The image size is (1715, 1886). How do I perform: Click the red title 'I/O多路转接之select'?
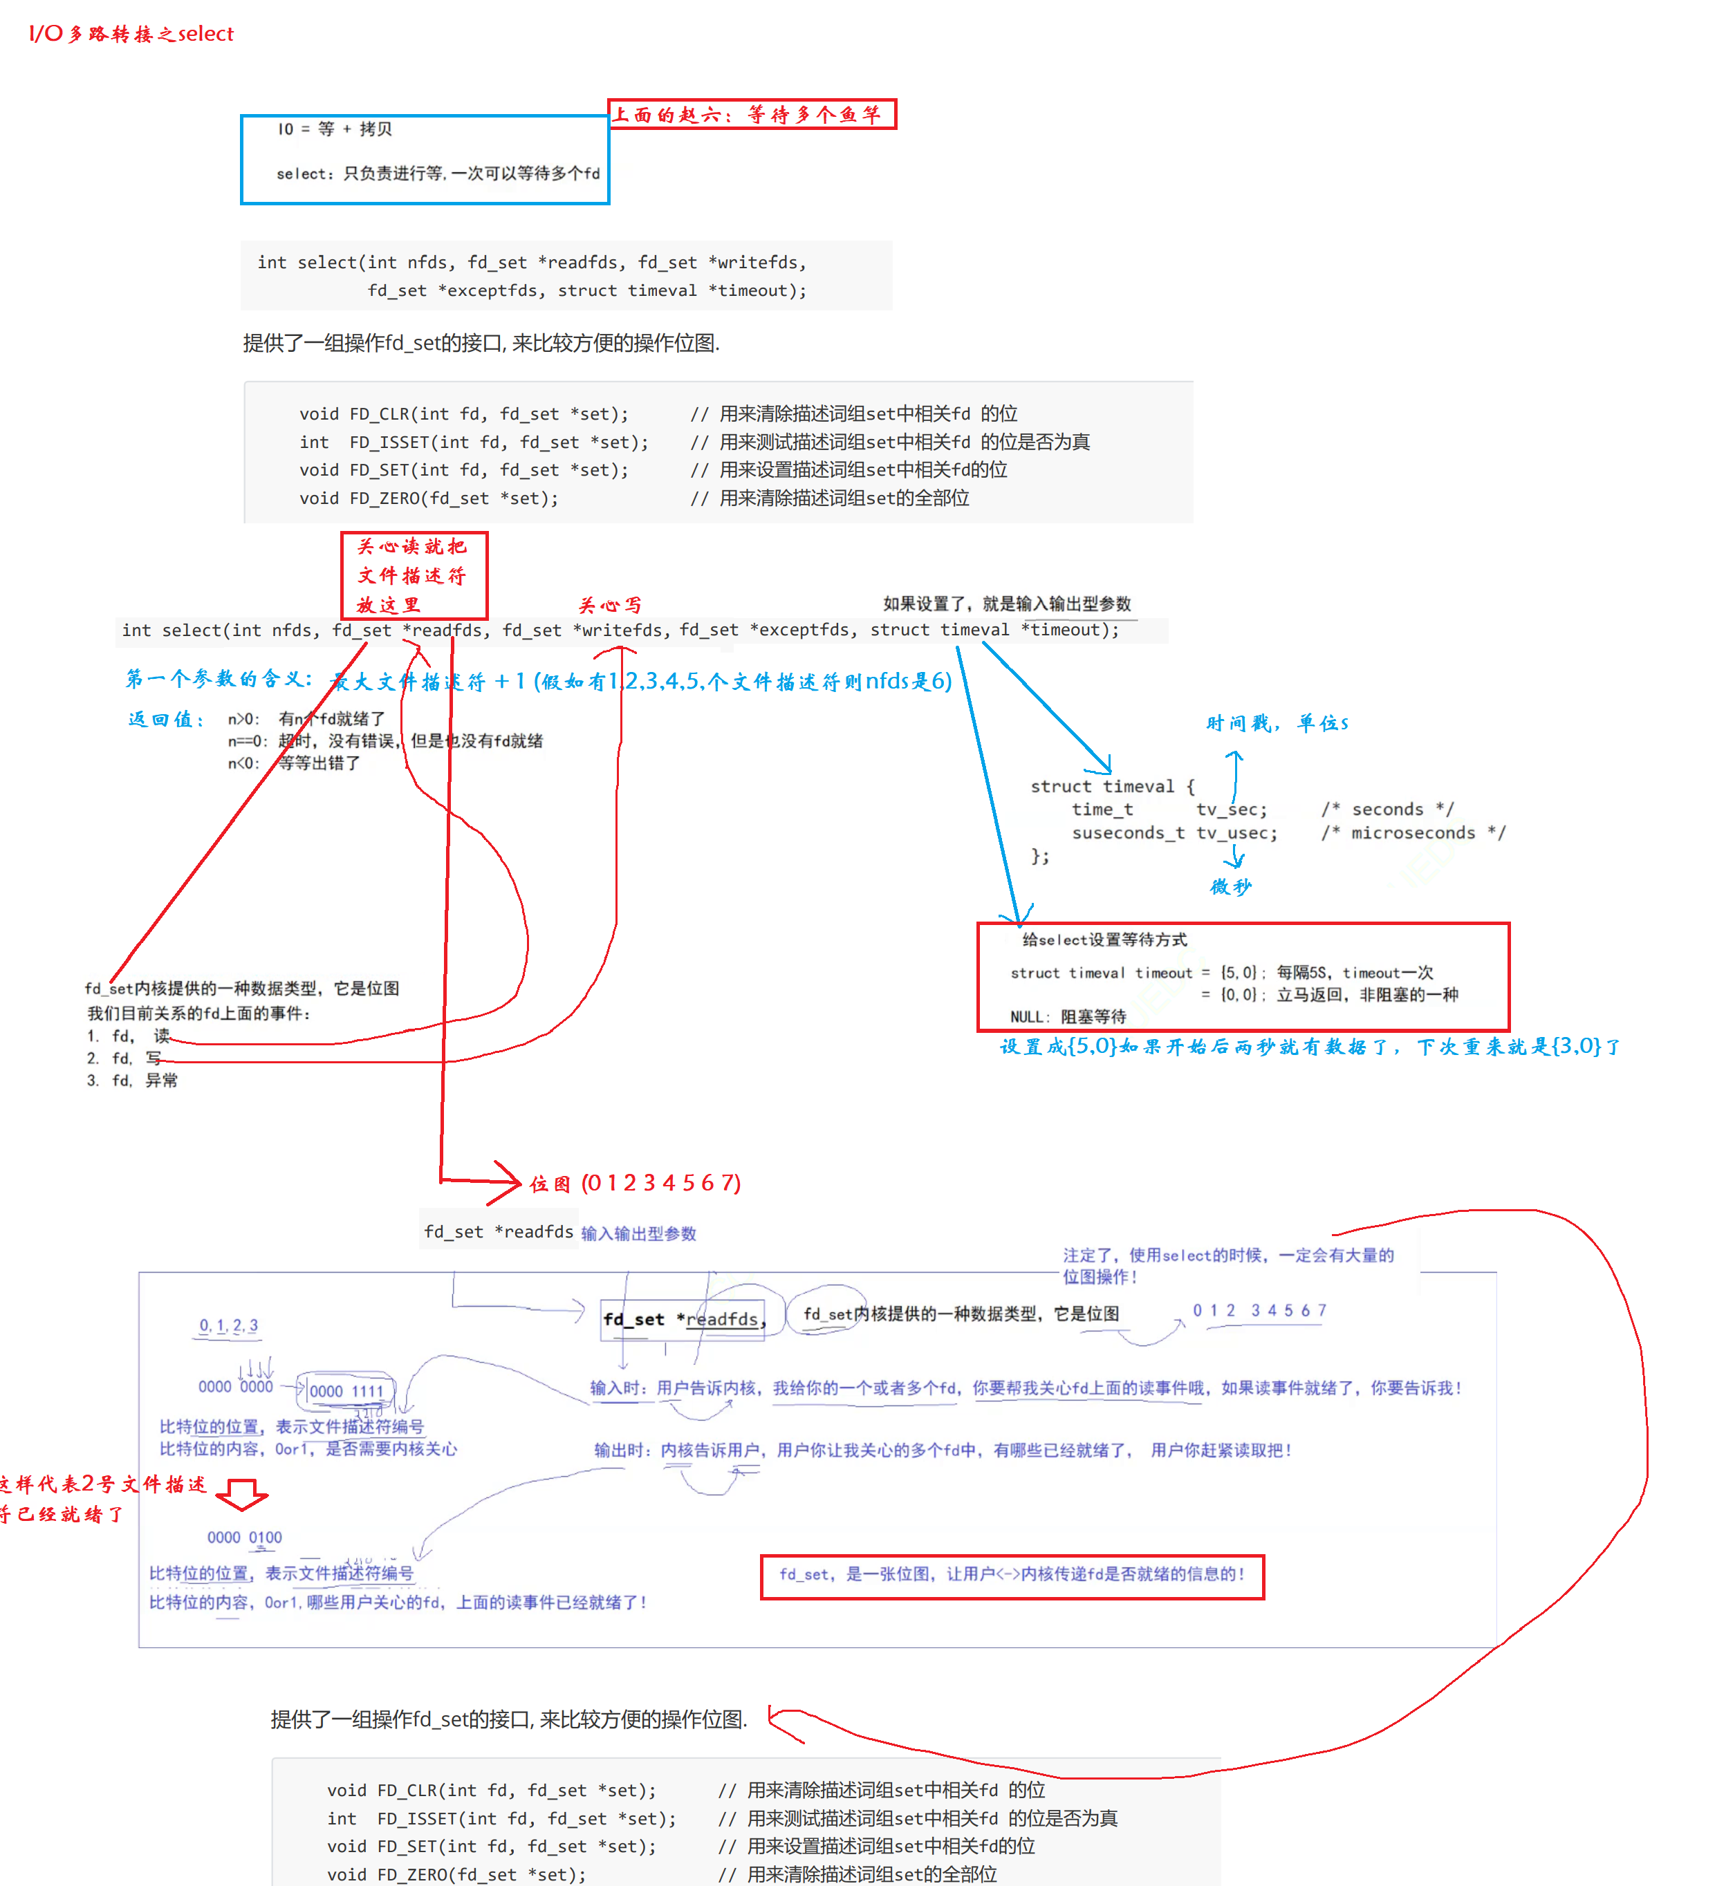tap(131, 34)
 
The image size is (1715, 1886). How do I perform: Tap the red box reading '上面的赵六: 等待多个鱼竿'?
tap(751, 114)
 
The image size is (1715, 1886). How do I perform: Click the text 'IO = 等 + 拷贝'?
tap(334, 129)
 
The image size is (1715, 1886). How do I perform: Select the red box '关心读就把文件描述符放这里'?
tap(414, 575)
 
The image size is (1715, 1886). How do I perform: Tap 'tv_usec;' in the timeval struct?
tap(1235, 832)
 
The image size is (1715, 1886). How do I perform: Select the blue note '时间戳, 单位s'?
tap(1276, 723)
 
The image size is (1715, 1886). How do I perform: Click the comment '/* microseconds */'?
tap(1412, 832)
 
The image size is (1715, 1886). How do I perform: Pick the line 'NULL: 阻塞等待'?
tap(1068, 1017)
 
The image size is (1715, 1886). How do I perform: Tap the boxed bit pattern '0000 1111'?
tap(346, 1391)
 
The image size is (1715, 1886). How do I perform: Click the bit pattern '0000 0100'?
tap(244, 1537)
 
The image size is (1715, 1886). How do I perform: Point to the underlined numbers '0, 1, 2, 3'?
tap(228, 1325)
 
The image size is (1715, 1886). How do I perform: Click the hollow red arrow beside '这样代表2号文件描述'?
tap(242, 1494)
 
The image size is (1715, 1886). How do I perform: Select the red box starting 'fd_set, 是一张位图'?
tap(1012, 1577)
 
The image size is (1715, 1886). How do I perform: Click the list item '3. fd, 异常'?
tap(132, 1081)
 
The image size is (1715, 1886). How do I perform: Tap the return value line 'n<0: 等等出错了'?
tap(294, 763)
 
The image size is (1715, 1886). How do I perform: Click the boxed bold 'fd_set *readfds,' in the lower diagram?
tap(683, 1319)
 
